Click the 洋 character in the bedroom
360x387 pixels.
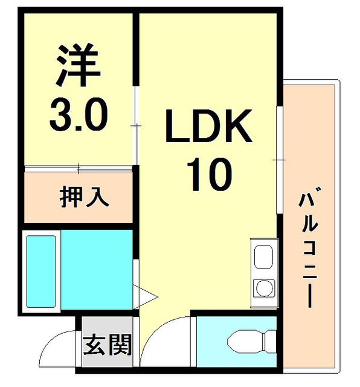click(x=78, y=65)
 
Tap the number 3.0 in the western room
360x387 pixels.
click(x=79, y=114)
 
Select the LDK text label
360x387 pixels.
click(x=209, y=126)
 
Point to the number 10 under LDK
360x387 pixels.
click(x=209, y=175)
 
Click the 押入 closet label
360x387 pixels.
click(x=85, y=197)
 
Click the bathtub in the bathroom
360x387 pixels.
click(x=41, y=272)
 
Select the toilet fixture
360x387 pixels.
click(x=251, y=342)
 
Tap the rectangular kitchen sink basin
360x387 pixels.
click(x=263, y=257)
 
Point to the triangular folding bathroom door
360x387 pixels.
click(x=145, y=297)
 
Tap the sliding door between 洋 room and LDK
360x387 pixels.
click(x=136, y=125)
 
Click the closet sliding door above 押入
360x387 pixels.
click(x=79, y=169)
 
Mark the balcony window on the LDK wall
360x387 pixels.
click(x=280, y=160)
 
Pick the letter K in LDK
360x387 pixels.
click(x=237, y=126)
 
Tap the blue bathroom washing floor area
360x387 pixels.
click(x=97, y=270)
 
